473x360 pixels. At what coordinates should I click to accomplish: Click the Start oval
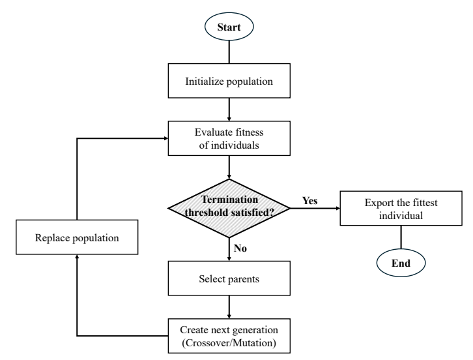(x=229, y=27)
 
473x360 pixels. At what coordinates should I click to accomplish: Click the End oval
(x=401, y=263)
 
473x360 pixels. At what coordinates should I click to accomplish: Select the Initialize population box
(x=229, y=81)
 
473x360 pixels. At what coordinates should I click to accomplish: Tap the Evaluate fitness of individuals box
(x=229, y=138)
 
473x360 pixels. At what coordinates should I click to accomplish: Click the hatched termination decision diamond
(x=229, y=208)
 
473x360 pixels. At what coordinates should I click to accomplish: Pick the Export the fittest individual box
(x=401, y=208)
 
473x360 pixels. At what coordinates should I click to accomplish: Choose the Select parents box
(x=229, y=278)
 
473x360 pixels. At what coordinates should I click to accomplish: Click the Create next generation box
(x=229, y=336)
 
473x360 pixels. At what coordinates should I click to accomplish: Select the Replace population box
(x=77, y=237)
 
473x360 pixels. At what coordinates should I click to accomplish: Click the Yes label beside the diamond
(x=310, y=200)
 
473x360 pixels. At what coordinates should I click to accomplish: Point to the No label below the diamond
(x=240, y=248)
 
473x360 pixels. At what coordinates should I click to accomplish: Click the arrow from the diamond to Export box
(x=315, y=208)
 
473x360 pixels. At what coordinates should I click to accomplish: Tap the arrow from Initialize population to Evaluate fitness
(x=229, y=110)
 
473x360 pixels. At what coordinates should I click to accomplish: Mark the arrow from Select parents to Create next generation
(x=229, y=307)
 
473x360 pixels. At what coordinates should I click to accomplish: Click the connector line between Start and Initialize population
(x=229, y=52)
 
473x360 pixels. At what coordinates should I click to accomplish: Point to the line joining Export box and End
(x=401, y=237)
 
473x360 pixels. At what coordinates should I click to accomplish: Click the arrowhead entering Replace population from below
(x=77, y=256)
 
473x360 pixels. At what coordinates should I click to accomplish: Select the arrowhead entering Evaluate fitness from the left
(x=165, y=138)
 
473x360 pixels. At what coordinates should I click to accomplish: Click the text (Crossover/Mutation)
(x=229, y=343)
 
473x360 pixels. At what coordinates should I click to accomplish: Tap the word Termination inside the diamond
(x=229, y=200)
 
